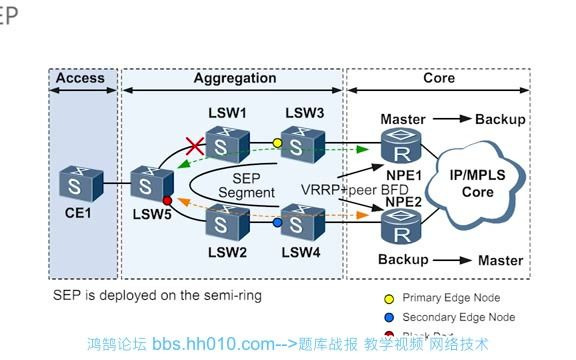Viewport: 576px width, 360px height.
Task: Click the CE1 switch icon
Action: tap(77, 184)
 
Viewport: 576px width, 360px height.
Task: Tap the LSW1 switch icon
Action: tap(228, 144)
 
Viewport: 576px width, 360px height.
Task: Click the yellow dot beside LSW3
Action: tap(277, 143)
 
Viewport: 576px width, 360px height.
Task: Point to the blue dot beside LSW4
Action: tap(278, 222)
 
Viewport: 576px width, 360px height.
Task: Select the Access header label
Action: tap(80, 78)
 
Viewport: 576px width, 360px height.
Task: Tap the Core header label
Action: tap(438, 78)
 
